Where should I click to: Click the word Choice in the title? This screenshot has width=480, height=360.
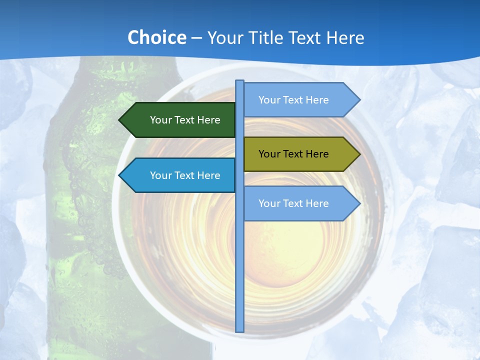156,38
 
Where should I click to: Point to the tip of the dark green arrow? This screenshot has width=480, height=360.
120,120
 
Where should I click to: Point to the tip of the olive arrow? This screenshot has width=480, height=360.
359,154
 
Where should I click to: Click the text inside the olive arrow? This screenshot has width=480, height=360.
293,154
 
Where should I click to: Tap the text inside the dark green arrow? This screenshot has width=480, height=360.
185,120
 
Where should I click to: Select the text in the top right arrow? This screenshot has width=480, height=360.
293,100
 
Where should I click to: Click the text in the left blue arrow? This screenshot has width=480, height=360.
185,175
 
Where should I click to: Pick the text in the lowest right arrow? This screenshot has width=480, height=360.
293,203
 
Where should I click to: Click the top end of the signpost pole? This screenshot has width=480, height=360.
239,82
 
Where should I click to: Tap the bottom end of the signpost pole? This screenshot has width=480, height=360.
239,330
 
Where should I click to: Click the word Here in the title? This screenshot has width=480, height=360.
345,38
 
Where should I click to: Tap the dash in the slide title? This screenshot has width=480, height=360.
196,38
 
